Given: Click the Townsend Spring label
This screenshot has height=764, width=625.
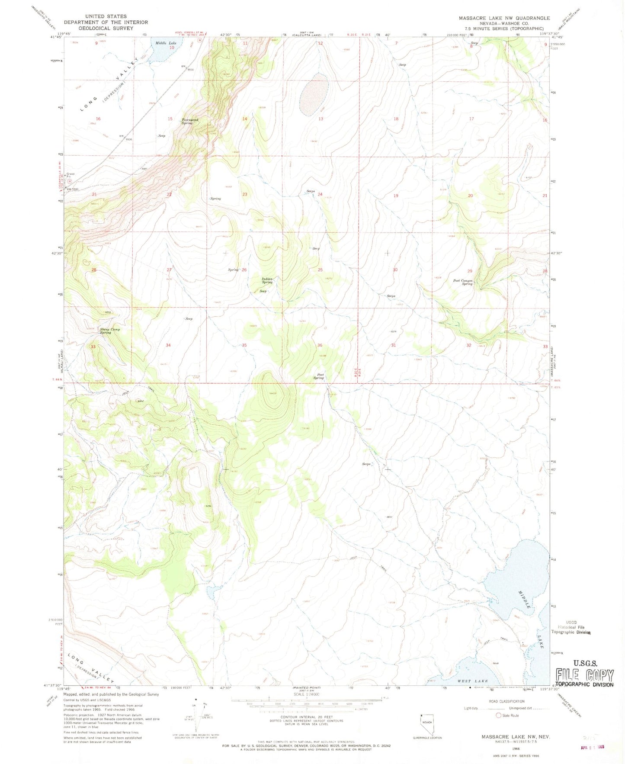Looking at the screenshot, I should point(190,122).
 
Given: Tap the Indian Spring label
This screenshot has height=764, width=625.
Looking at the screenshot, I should point(267,280).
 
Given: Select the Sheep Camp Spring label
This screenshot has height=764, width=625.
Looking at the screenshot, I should point(110,331).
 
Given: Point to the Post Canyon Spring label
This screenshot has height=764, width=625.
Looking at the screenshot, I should point(463,282).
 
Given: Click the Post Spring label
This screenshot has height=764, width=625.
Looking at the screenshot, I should point(318,376).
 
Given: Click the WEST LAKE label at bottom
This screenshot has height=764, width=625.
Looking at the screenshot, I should point(473,681).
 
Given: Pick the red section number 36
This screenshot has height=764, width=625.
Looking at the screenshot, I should point(320,345).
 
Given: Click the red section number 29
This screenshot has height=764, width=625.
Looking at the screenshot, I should point(470,271).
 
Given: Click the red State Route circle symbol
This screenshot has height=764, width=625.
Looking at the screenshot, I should point(499,716).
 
